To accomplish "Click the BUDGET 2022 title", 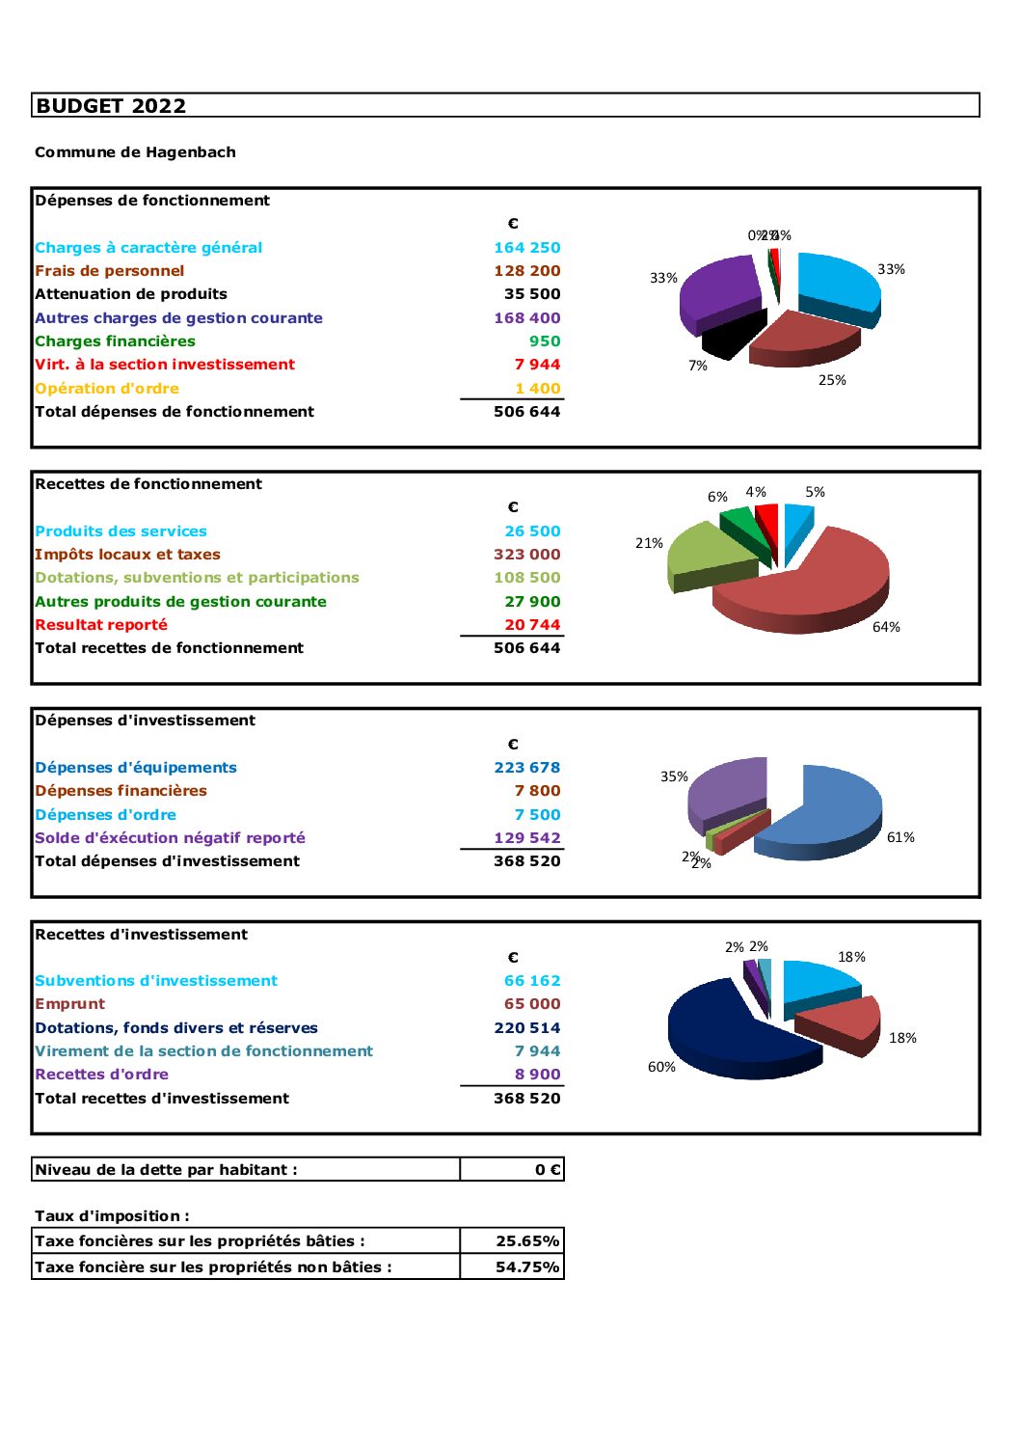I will pyautogui.click(x=111, y=106).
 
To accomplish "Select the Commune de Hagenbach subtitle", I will pyautogui.click(x=135, y=152).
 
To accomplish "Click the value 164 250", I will pyautogui.click(x=526, y=248).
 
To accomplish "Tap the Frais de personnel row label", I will pyautogui.click(x=109, y=271).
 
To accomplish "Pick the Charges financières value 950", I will pyautogui.click(x=544, y=341).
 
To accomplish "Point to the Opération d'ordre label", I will pyautogui.click(x=107, y=389).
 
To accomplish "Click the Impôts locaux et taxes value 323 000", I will pyautogui.click(x=526, y=555).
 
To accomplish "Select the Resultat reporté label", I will pyautogui.click(x=101, y=625).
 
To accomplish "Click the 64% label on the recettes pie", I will pyautogui.click(x=886, y=627).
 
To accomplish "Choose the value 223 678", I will pyautogui.click(x=526, y=768).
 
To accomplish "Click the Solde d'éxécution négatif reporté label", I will pyautogui.click(x=170, y=838).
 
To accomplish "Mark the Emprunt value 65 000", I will pyautogui.click(x=531, y=1004).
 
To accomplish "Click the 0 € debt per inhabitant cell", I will pyautogui.click(x=547, y=1170).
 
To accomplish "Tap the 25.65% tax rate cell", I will pyautogui.click(x=526, y=1241).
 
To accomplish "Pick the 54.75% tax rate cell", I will pyautogui.click(x=526, y=1267).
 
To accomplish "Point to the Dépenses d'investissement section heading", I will pyautogui.click(x=145, y=721).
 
